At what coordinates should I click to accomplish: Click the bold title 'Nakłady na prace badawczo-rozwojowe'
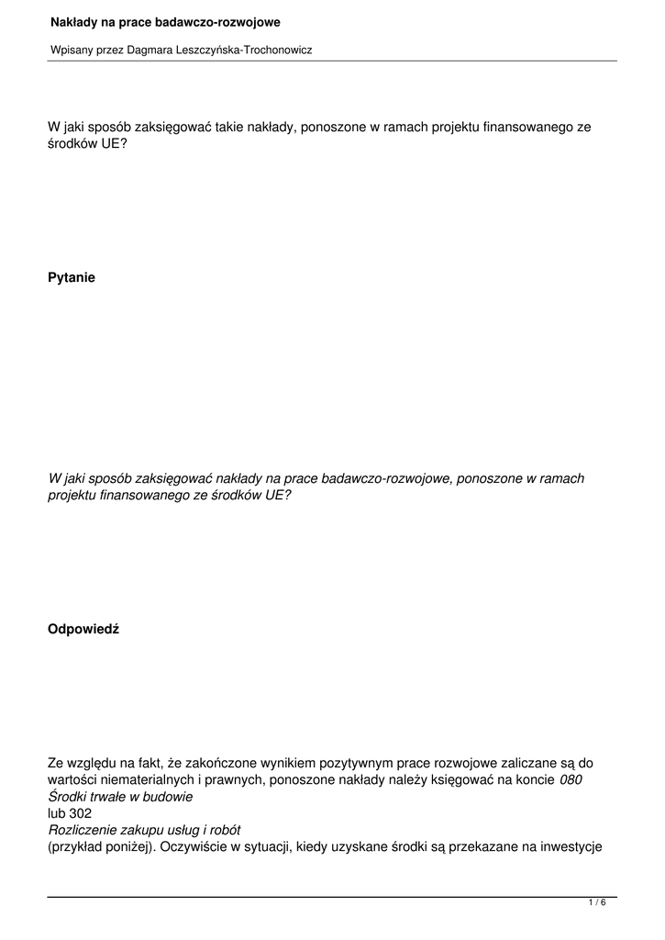[x=165, y=21]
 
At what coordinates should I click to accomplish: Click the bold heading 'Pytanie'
[x=72, y=277]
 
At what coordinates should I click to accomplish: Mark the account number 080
[x=571, y=779]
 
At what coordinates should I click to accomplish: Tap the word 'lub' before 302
[x=57, y=813]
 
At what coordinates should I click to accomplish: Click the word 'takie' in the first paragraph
[x=233, y=128]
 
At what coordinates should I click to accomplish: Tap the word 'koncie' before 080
[x=534, y=779]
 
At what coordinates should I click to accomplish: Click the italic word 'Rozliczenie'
[x=80, y=830]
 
